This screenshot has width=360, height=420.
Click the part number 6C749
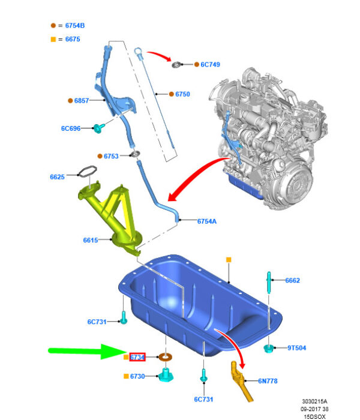point(210,65)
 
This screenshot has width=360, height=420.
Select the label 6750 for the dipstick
point(182,94)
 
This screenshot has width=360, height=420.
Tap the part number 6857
point(82,101)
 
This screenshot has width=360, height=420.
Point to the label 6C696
point(71,128)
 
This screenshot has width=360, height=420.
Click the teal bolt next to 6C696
point(98,128)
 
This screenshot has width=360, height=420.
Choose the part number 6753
point(111,156)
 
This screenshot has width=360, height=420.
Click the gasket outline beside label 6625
point(87,172)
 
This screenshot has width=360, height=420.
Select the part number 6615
point(91,240)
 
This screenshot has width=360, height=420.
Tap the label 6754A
point(207,221)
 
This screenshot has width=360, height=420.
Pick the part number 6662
point(293,280)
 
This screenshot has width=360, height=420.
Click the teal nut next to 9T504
point(268,348)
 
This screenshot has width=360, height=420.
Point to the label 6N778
point(268,381)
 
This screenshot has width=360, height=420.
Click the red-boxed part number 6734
point(137,358)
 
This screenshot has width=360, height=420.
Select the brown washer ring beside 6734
point(165,357)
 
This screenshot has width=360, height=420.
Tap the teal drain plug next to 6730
point(166,375)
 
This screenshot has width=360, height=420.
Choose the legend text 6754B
point(75,26)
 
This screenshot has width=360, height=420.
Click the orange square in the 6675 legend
point(53,40)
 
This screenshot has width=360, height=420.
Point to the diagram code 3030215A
point(315,401)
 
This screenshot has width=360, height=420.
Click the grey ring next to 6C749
point(176,65)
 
